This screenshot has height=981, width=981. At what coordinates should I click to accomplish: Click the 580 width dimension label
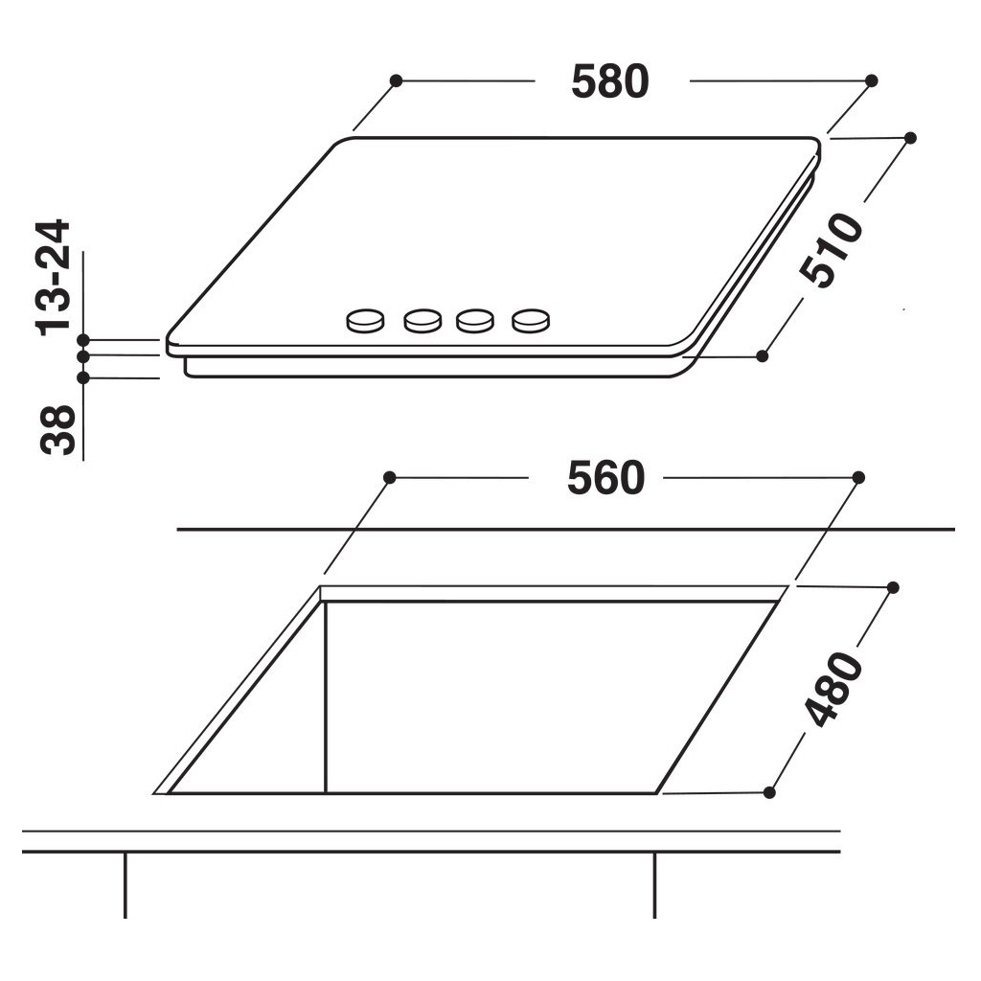[610, 82]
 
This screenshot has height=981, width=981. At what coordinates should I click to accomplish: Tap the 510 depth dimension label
[832, 250]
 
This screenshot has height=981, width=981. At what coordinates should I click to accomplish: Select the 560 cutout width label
[605, 478]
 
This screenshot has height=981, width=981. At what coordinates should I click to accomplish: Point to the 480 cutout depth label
[833, 689]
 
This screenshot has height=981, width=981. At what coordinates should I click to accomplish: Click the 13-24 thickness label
[55, 277]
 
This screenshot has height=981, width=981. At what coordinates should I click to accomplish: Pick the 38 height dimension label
[57, 430]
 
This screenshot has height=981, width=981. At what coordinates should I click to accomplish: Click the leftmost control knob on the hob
[364, 321]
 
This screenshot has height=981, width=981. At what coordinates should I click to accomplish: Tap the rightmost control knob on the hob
[532, 321]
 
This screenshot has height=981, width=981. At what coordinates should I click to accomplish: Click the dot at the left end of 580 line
[396, 81]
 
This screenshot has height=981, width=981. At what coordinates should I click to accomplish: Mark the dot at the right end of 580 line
[872, 81]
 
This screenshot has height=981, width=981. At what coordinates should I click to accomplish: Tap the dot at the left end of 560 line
[389, 477]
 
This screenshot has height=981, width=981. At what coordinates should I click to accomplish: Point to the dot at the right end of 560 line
[858, 477]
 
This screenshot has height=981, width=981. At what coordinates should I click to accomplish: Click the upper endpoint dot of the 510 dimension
[910, 138]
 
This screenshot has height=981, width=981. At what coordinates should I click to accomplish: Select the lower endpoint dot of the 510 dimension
[763, 355]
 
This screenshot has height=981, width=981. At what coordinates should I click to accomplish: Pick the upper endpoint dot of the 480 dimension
[894, 586]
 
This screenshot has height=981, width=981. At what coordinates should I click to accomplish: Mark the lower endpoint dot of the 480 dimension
[769, 792]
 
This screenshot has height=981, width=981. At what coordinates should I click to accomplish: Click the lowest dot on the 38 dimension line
[83, 377]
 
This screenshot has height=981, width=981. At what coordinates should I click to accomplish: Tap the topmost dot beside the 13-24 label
[83, 340]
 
